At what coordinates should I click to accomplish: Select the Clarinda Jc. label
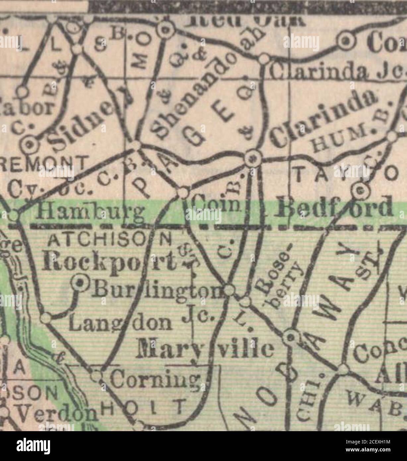coord(338,71)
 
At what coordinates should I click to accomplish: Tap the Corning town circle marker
coord(96,376)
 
